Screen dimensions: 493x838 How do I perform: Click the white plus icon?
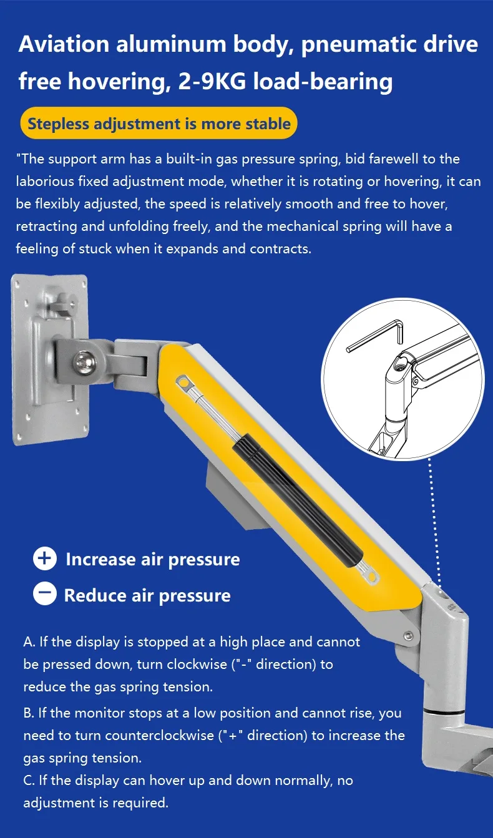click(x=45, y=558)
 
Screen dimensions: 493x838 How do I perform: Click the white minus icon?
click(x=45, y=593)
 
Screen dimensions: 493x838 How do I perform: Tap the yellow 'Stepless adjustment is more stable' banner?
click(x=159, y=123)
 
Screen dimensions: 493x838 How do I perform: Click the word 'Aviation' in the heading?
click(x=64, y=44)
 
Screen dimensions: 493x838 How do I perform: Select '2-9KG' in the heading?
click(x=212, y=81)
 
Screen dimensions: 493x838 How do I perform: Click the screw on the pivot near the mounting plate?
click(x=84, y=362)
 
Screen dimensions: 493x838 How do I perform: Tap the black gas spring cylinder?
click(x=298, y=497)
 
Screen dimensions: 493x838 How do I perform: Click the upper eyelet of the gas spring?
click(x=183, y=383)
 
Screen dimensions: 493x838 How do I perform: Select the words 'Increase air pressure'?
click(x=153, y=559)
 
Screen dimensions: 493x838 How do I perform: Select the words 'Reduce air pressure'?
click(x=147, y=595)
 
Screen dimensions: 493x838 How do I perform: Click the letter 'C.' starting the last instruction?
click(x=29, y=780)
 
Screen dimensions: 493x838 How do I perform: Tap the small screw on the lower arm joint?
click(x=409, y=635)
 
